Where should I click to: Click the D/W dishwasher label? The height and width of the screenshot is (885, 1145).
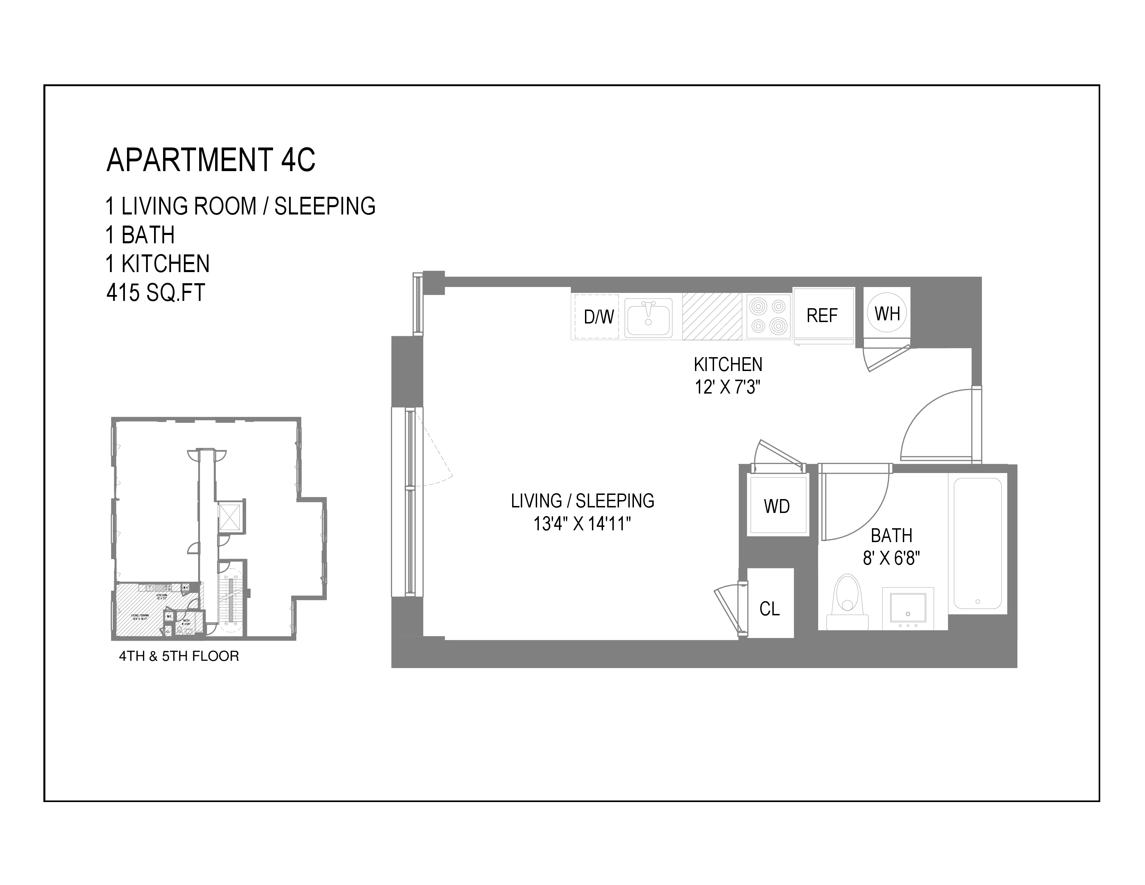[599, 317]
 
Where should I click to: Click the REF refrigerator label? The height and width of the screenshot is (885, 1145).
[822, 315]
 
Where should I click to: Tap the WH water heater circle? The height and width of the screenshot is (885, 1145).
[887, 313]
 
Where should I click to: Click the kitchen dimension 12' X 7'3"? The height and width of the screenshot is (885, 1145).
[728, 387]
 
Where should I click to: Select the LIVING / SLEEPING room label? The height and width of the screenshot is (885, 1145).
[583, 501]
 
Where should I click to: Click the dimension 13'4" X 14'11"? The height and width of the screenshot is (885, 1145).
[582, 524]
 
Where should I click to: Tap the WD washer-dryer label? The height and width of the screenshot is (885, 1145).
[777, 506]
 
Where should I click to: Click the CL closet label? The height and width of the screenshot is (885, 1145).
[770, 609]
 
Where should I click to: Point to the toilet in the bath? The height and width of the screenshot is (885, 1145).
[847, 602]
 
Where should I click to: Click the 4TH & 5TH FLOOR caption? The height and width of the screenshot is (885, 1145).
[179, 656]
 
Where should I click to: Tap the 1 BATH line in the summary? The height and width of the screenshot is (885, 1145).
[141, 235]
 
